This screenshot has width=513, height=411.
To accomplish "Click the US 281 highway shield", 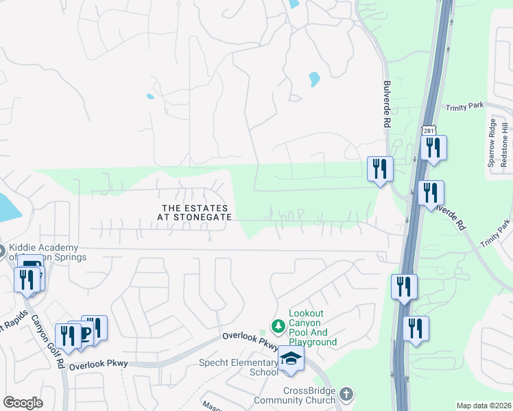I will point(429,130).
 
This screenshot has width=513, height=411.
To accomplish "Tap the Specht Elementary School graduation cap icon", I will point(291,360).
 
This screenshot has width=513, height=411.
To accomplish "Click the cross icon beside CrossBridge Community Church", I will point(346,394).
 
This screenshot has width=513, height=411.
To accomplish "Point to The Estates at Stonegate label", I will point(195,212).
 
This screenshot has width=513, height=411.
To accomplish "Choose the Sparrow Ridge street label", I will point(491,143).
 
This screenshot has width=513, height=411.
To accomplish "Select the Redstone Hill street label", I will point(505,143).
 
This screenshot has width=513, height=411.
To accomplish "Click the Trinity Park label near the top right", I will point(464,108).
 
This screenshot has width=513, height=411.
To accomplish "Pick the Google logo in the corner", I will point(23,403).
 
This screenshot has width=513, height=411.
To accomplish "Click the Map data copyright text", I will point(484,406).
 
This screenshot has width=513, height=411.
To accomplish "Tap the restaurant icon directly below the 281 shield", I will point(433,148).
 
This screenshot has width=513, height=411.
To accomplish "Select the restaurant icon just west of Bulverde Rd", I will point(380,169).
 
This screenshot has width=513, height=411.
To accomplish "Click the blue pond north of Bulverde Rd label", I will point(314,79).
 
